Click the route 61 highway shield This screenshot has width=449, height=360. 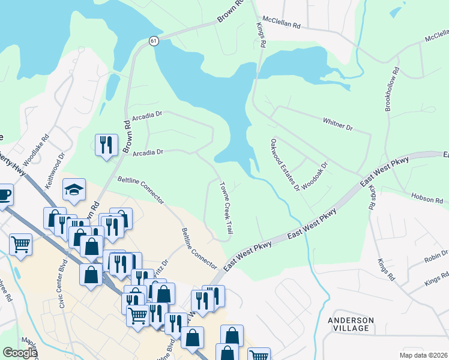(x=154, y=41)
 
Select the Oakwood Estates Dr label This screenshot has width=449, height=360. (x=285, y=165)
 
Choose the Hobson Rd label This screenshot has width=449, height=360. (x=426, y=197)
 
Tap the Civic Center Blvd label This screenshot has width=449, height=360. (x=60, y=292)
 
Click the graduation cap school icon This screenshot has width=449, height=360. (x=74, y=190)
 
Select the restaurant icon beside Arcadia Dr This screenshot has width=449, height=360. (x=106, y=144)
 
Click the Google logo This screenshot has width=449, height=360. (x=20, y=353)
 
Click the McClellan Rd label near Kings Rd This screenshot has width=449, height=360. (x=280, y=26)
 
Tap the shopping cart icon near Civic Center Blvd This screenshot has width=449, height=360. (x=21, y=244)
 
